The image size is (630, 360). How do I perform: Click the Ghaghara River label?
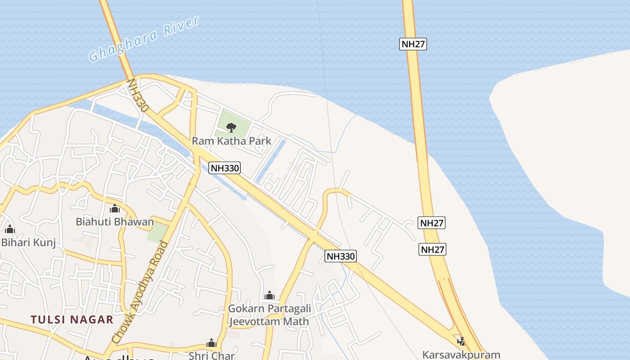[144, 40]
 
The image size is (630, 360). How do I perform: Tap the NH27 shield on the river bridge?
[413, 44]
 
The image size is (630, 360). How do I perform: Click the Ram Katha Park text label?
[231, 141]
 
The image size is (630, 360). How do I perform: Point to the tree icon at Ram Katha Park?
[231, 127]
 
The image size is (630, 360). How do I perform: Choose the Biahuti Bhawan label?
[114, 221]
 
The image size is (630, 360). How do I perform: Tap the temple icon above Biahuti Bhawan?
[115, 208]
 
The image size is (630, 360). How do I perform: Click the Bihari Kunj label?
[28, 243]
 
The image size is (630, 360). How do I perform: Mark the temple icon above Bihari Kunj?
[10, 229]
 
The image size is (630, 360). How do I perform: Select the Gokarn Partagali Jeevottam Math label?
[269, 315]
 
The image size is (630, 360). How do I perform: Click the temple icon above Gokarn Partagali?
[270, 295]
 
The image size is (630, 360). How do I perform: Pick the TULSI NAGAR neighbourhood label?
[72, 320]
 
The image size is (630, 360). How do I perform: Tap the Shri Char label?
[211, 355]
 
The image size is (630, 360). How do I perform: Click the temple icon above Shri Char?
[211, 343]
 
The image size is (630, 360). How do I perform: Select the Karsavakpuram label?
[461, 355]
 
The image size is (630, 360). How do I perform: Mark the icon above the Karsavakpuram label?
[460, 341]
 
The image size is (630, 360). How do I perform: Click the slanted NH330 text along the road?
[138, 96]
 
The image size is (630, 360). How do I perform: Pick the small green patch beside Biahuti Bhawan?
[157, 233]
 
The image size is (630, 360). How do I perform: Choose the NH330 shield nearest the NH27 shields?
[341, 256]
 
